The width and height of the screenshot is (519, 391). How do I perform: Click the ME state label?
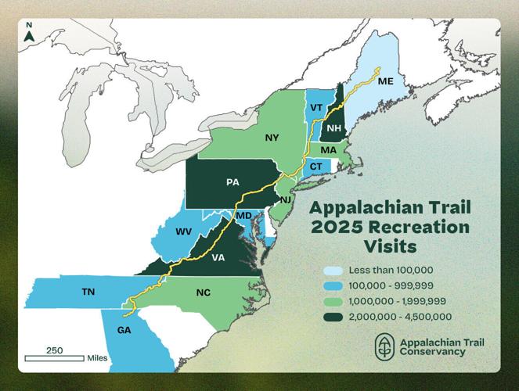pyautogui.click(x=385, y=81)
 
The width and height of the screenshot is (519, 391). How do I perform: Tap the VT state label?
pyautogui.click(x=317, y=107)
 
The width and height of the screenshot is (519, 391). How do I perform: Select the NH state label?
pyautogui.click(x=334, y=127)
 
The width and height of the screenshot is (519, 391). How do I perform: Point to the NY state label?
pyautogui.click(x=272, y=138)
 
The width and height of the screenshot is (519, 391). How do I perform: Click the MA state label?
pyautogui.click(x=328, y=149)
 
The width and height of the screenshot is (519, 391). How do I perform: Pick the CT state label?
pyautogui.click(x=316, y=167)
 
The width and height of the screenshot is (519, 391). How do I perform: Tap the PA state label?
pyautogui.click(x=232, y=181)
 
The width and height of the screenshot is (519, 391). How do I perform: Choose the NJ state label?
pyautogui.click(x=285, y=199)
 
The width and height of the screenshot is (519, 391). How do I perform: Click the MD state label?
pyautogui.click(x=244, y=215)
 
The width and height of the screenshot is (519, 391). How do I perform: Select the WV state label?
pyautogui.click(x=183, y=231)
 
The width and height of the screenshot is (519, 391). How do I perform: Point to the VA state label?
pyautogui.click(x=219, y=257)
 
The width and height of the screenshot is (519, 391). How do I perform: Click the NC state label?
pyautogui.click(x=204, y=292)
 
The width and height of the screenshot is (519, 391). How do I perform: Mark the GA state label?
pyautogui.click(x=124, y=329)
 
